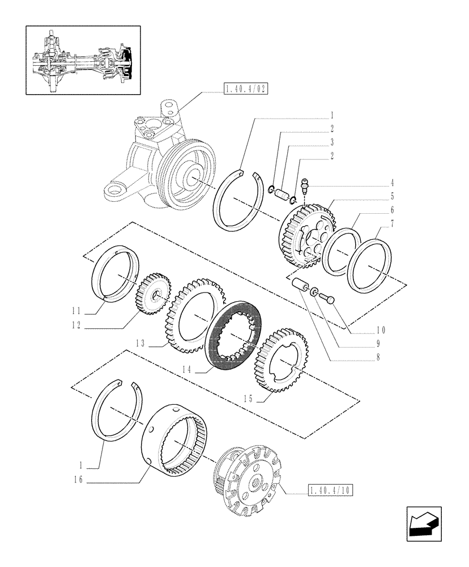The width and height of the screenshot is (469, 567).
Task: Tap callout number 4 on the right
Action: tap(392, 184)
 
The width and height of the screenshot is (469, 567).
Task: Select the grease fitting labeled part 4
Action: tap(305, 185)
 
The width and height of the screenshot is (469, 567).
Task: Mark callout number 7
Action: tap(392, 225)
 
